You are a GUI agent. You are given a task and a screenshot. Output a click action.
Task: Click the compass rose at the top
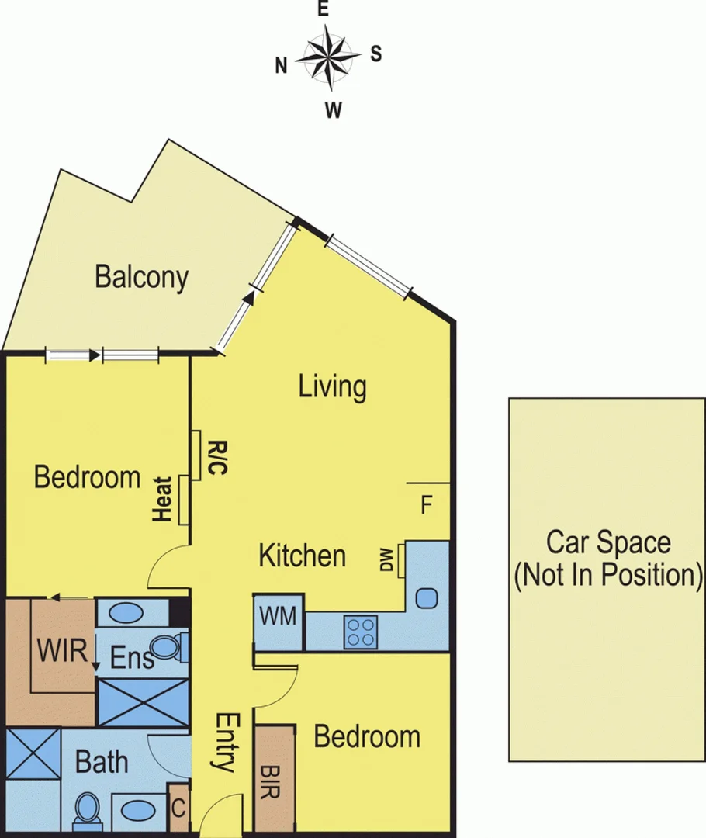[327, 56]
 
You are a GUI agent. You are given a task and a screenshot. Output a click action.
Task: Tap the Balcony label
[141, 277]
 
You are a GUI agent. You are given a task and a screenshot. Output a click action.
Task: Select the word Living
[332, 386]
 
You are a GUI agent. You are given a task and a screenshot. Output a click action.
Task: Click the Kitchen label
[302, 556]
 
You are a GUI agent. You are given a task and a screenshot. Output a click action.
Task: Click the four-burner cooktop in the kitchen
[361, 631]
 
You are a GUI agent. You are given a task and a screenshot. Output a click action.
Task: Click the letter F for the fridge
[426, 506]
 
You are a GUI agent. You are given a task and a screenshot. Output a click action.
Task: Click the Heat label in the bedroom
[163, 499]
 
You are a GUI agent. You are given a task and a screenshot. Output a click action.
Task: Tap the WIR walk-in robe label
[61, 650]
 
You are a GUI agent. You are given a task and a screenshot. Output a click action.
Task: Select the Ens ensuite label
[132, 660]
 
